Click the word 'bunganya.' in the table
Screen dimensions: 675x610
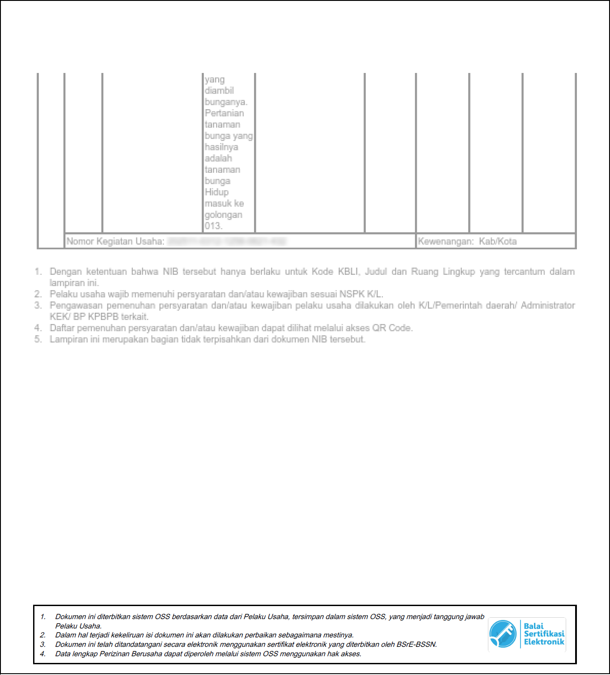[226, 102]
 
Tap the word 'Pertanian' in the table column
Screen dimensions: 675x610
[225, 113]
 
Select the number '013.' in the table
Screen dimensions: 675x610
[213, 226]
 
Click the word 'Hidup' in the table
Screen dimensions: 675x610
[216, 192]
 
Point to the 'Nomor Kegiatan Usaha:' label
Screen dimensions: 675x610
[115, 242]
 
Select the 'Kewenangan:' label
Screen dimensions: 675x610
[445, 242]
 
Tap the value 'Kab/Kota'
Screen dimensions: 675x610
[498, 242]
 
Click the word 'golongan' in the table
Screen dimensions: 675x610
[223, 215]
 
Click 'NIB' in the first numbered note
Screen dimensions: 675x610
[170, 272]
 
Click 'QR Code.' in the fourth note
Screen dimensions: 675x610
[392, 328]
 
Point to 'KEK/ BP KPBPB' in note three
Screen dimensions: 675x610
[84, 317]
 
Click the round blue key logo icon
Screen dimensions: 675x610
[503, 634]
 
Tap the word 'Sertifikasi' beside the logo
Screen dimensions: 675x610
[544, 634]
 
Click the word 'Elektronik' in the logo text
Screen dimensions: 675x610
[544, 642]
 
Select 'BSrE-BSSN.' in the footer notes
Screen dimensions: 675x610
[416, 645]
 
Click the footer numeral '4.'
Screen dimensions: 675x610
[43, 654]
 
